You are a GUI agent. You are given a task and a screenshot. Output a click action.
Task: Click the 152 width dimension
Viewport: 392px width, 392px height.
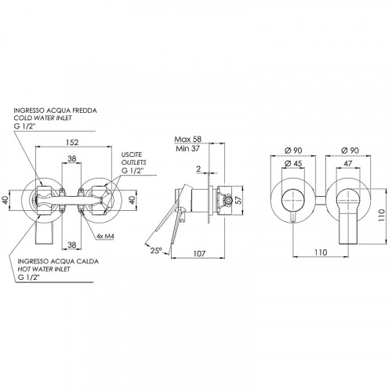pyautogui.click(x=72, y=142)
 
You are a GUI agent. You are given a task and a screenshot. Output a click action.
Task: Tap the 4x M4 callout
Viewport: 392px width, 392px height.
pyautogui.click(x=106, y=236)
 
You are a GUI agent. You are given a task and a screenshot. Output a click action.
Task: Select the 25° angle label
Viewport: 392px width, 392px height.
pyautogui.click(x=156, y=251)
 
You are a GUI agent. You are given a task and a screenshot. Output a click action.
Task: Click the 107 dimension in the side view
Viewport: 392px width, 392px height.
pyautogui.click(x=200, y=253)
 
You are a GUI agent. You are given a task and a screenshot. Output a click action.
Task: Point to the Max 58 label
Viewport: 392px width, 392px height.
pyautogui.click(x=188, y=139)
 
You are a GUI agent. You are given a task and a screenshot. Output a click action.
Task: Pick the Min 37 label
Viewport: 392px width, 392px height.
pyautogui.click(x=187, y=148)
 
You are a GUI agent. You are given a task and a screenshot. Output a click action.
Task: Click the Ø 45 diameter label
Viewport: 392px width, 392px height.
pyautogui.click(x=293, y=163)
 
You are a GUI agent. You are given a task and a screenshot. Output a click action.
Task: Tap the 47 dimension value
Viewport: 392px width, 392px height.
pyautogui.click(x=347, y=163)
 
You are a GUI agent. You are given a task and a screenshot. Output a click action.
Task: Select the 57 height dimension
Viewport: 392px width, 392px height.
pyautogui.click(x=239, y=200)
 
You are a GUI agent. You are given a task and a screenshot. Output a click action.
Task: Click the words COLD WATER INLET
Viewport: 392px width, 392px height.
pyautogui.click(x=42, y=118)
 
